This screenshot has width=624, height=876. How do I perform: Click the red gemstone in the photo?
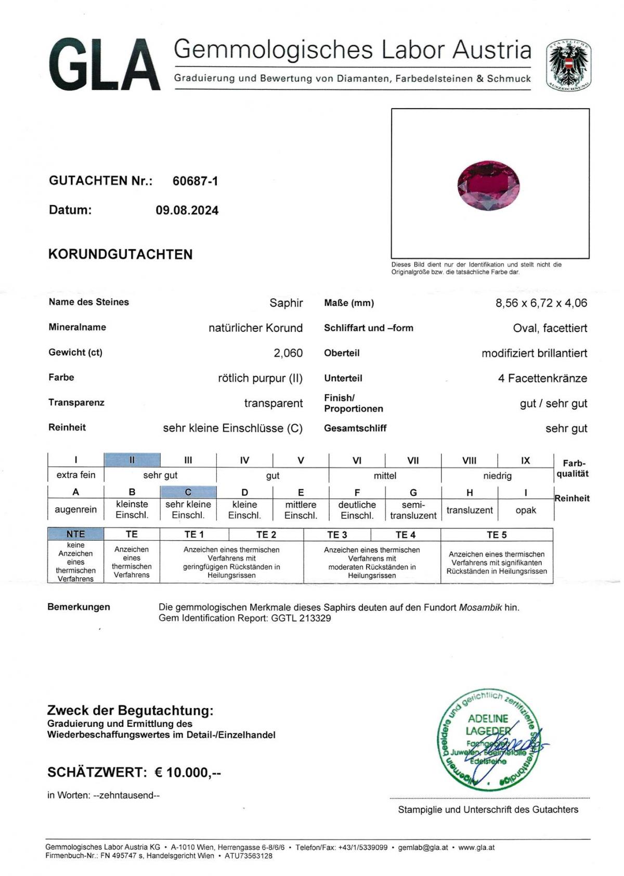(489, 186)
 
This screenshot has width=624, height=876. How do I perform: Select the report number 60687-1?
(195, 181)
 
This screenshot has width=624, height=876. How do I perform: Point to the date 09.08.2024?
(187, 211)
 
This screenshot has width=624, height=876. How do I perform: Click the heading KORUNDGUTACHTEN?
(120, 254)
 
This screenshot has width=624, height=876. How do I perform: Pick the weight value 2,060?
(288, 353)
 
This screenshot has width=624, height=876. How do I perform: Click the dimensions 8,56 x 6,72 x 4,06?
(541, 303)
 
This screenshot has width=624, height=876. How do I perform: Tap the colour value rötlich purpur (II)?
(260, 378)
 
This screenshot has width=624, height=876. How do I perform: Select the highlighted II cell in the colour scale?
(132, 460)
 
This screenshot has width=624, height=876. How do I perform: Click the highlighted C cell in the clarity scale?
(188, 492)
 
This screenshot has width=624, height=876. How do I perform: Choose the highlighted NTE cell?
(75, 534)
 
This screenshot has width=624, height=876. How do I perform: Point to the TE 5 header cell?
(496, 534)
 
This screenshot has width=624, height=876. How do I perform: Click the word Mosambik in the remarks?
(480, 607)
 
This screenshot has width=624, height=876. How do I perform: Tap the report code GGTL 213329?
(301, 618)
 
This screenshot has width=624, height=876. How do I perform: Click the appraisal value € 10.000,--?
(188, 773)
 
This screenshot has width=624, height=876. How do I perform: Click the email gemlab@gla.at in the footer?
(423, 847)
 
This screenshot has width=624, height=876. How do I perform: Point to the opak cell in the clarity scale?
(525, 510)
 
